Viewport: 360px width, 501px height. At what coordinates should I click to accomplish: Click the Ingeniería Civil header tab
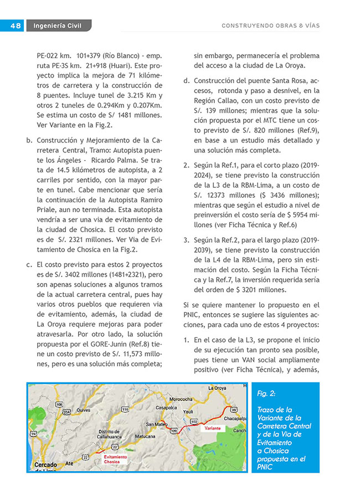[57, 25]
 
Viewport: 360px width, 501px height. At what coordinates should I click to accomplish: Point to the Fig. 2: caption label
[267, 393]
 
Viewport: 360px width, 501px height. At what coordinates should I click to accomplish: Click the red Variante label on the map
[213, 429]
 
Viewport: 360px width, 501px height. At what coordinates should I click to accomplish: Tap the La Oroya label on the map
[219, 388]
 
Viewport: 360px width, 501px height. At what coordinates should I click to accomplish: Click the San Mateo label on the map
[157, 424]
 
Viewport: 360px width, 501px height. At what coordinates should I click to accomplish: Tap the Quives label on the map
[84, 410]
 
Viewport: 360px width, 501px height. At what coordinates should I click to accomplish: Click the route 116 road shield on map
[125, 410]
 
